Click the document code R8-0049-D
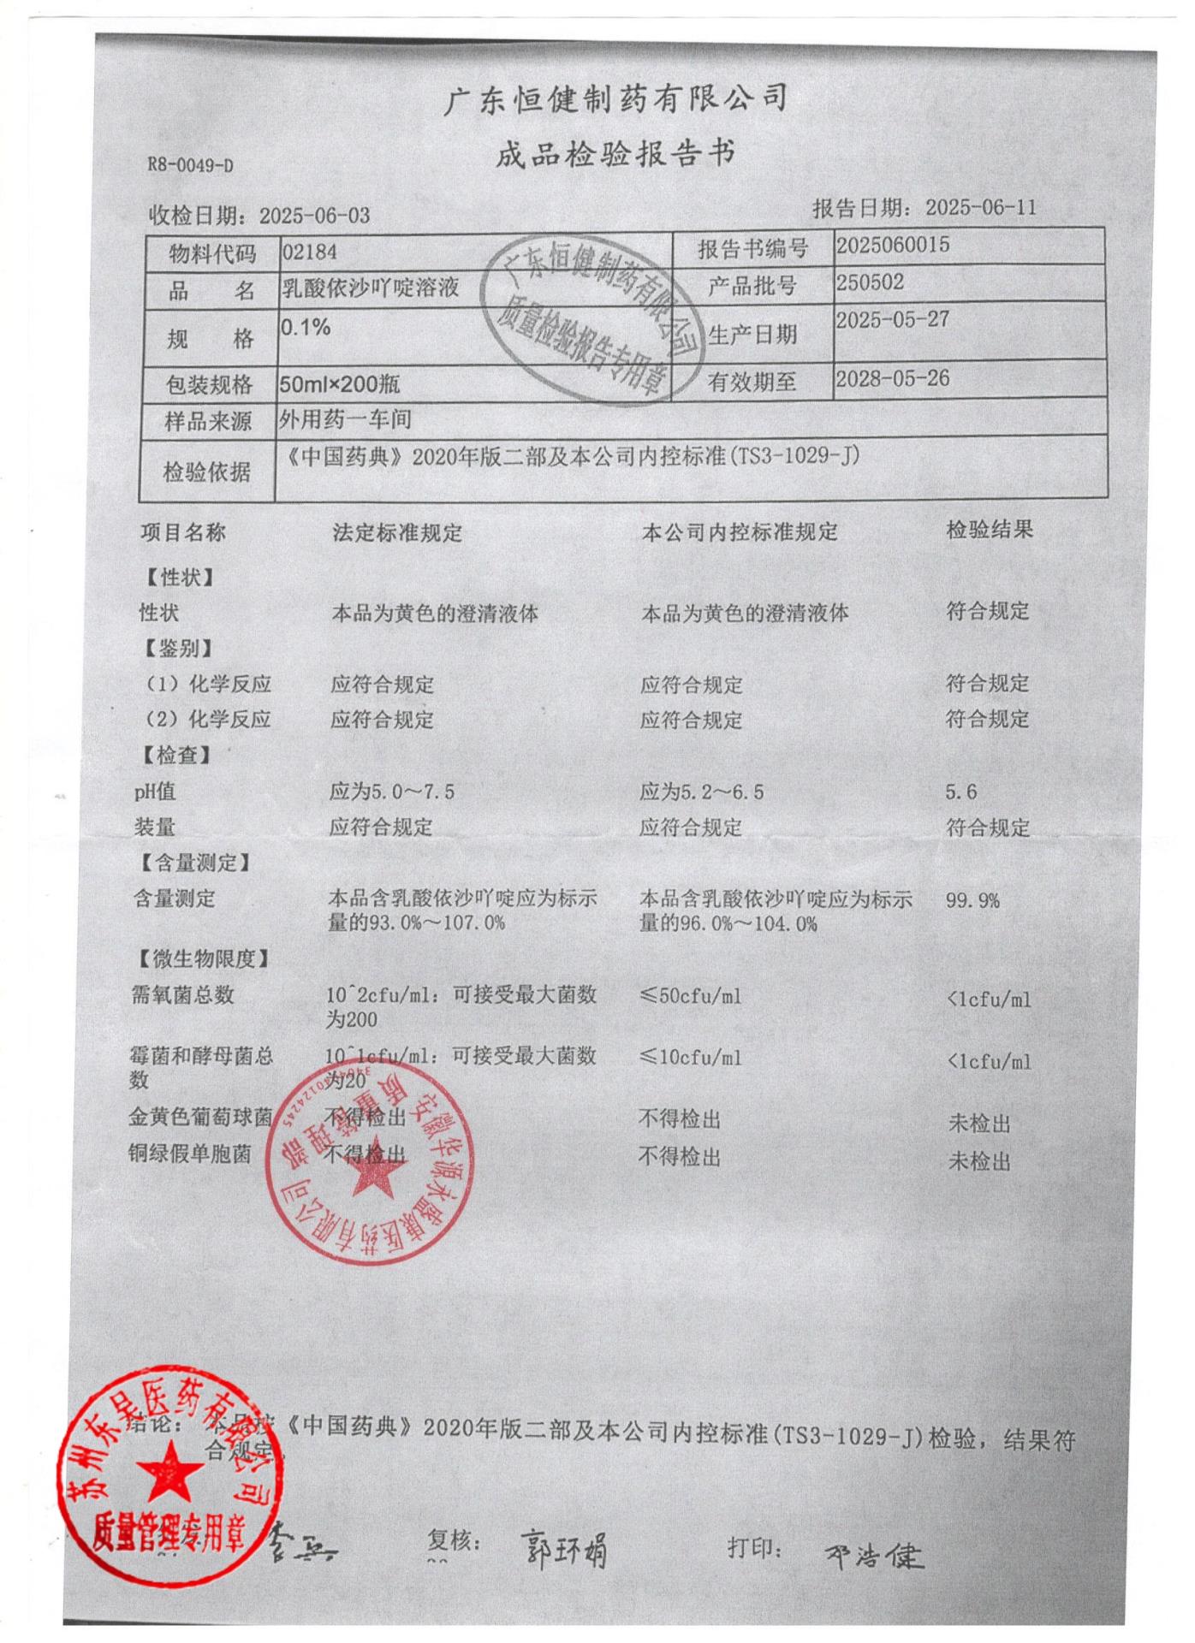190,165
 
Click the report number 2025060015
893,246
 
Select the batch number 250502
870,282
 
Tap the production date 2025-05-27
893,320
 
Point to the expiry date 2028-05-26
893,378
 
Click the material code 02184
309,252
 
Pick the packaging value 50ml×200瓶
340,384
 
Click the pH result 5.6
960,792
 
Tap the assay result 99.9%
972,900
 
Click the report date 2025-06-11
980,207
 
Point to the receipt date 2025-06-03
314,215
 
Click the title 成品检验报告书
615,155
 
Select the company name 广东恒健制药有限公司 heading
615,99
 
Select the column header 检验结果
989,530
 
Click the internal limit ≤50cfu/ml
690,996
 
